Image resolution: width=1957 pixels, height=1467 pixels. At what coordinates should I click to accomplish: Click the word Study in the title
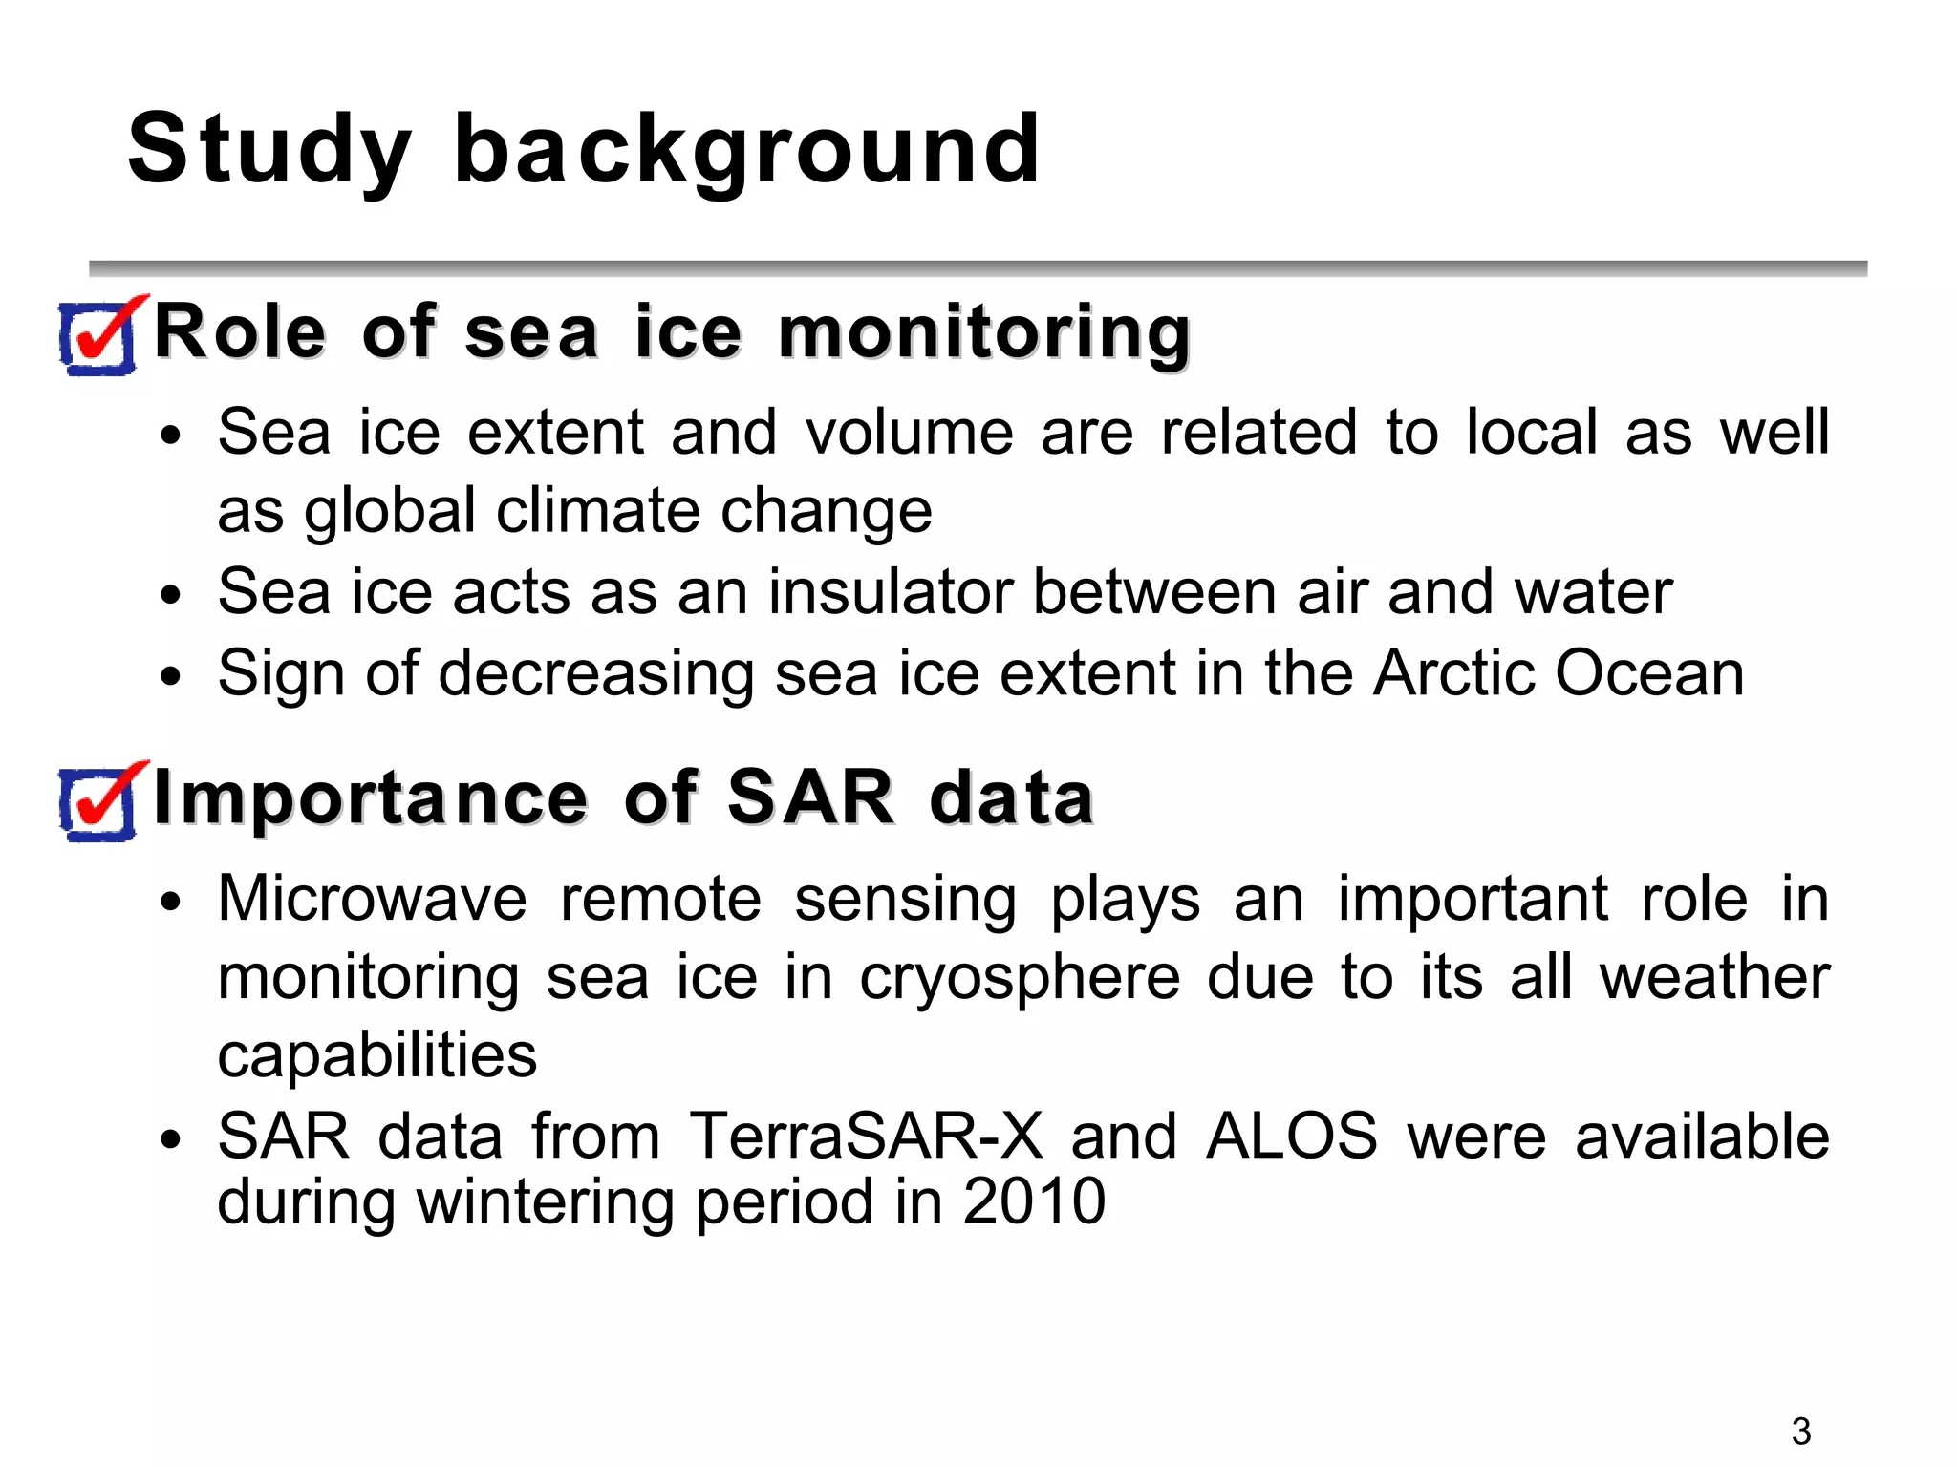pos(269,151)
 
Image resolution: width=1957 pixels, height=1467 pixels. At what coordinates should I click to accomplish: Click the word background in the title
pos(746,151)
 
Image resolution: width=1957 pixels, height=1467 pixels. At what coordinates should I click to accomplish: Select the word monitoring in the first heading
pos(984,334)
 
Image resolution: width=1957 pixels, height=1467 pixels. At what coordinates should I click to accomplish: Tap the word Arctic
pos(1452,673)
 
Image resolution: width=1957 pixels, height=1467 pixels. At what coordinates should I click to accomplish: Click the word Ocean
pos(1650,673)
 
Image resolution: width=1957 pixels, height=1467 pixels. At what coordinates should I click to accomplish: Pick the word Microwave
pos(372,900)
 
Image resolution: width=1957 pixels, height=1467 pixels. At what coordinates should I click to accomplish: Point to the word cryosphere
pos(1020,980)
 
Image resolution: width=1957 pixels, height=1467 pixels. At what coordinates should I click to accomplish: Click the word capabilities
pos(376,1056)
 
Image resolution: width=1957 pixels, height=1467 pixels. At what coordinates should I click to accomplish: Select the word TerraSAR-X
pos(866,1137)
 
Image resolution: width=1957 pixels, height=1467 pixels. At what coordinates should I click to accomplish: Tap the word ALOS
pos(1291,1137)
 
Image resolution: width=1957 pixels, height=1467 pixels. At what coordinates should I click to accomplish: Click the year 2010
pos(1033,1201)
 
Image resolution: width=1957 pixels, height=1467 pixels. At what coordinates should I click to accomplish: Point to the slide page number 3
pos(1800,1431)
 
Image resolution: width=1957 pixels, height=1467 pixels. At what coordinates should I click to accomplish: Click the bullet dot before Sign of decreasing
pos(171,677)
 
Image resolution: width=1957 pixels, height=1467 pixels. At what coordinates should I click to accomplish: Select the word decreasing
pos(595,675)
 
